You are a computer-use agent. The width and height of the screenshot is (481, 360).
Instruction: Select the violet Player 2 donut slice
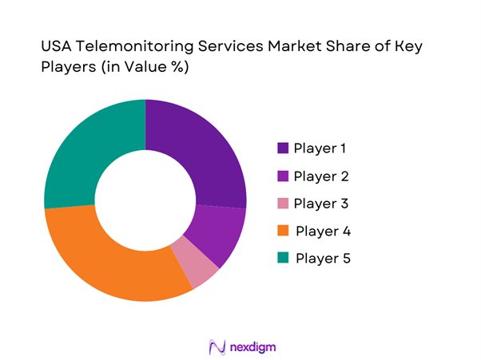221,235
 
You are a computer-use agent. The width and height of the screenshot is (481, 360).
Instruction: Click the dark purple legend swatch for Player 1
283,148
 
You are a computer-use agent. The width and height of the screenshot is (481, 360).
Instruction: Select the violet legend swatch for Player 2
283,176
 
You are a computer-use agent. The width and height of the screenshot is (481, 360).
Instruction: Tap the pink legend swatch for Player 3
283,204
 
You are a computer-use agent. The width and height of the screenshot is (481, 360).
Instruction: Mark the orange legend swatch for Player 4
283,231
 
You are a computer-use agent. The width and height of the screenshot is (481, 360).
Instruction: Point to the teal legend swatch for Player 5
283,259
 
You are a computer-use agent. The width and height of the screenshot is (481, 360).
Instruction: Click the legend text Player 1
320,148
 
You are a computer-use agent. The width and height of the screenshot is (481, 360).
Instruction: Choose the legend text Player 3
320,204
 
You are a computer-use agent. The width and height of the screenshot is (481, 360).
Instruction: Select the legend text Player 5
322,259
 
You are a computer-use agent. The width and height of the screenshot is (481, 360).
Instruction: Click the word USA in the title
57,47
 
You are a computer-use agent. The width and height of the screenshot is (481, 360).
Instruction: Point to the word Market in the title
277,47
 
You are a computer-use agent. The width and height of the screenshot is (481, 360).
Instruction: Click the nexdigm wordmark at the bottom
252,346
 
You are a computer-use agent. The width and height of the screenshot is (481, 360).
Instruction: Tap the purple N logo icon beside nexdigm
217,346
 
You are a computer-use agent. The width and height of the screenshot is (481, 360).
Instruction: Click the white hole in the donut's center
145,200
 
